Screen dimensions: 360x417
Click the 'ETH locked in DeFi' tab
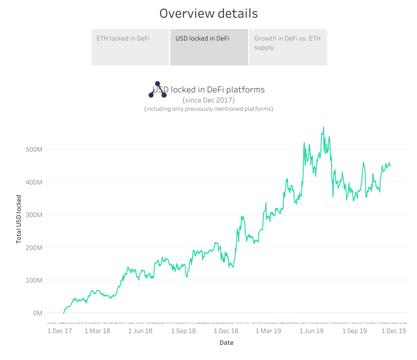[130, 47]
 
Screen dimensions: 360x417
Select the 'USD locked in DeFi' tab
[209, 47]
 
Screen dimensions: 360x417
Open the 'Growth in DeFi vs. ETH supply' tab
[288, 47]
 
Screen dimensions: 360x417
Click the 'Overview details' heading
[208, 13]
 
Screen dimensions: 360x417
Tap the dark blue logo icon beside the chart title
[157, 90]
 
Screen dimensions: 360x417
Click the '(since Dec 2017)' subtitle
[208, 100]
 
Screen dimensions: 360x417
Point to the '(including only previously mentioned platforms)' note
[208, 109]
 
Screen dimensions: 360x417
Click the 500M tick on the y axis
[34, 150]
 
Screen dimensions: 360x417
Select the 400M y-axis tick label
[34, 182]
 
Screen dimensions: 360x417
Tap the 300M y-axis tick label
[34, 215]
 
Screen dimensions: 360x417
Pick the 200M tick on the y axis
[34, 248]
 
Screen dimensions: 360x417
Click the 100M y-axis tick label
[34, 280]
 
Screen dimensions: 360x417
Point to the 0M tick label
[38, 313]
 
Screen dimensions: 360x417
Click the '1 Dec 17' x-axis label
[60, 331]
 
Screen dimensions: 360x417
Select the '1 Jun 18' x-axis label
[140, 331]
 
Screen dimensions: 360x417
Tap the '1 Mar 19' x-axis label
[268, 331]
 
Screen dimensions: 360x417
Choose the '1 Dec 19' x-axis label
[393, 331]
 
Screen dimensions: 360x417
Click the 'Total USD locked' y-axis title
[19, 219]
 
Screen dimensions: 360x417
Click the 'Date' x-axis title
[226, 343]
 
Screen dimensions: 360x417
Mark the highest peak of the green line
[324, 127]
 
